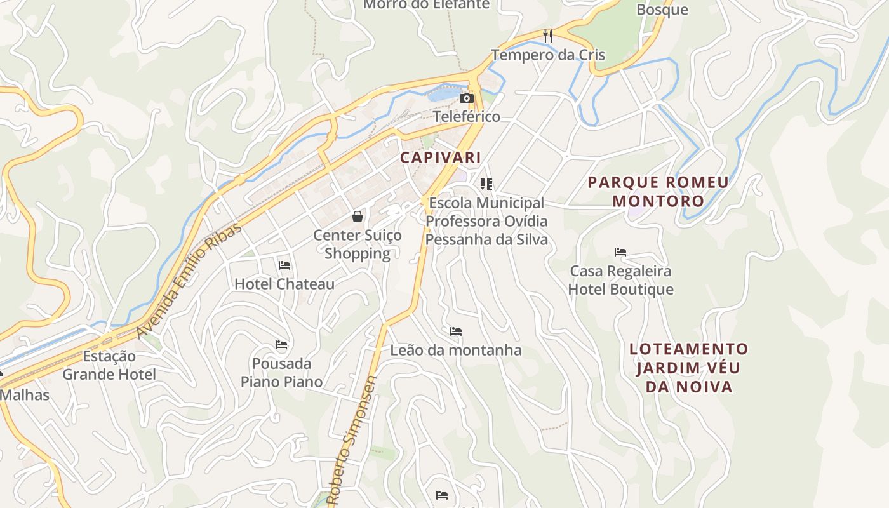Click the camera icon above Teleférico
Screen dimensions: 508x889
pyautogui.click(x=466, y=98)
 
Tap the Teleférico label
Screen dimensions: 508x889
pyautogui.click(x=467, y=117)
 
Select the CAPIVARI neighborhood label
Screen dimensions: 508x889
pyautogui.click(x=440, y=157)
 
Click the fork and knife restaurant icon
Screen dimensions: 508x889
pyautogui.click(x=548, y=36)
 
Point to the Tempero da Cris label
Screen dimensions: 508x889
pyautogui.click(x=548, y=55)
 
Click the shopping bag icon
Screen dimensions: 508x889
pyautogui.click(x=358, y=217)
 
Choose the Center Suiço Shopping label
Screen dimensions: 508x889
pyautogui.click(x=358, y=244)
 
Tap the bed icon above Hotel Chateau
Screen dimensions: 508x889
pyautogui.click(x=284, y=265)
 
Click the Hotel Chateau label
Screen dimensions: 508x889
pyautogui.click(x=284, y=284)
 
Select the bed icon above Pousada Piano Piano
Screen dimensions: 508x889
pyautogui.click(x=281, y=345)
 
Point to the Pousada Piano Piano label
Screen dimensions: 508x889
pyautogui.click(x=281, y=373)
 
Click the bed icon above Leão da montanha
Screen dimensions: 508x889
pyautogui.click(x=455, y=331)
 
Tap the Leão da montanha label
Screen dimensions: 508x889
pyautogui.click(x=456, y=350)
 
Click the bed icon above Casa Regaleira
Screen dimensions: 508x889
pyautogui.click(x=620, y=252)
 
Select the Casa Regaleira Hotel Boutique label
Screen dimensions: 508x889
pyautogui.click(x=620, y=280)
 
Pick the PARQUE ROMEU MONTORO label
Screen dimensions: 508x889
pyautogui.click(x=658, y=192)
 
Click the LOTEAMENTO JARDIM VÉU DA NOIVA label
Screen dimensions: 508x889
pyautogui.click(x=689, y=368)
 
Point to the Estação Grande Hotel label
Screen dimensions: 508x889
pyautogui.click(x=109, y=365)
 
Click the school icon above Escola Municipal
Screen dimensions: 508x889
pyautogui.click(x=486, y=184)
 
